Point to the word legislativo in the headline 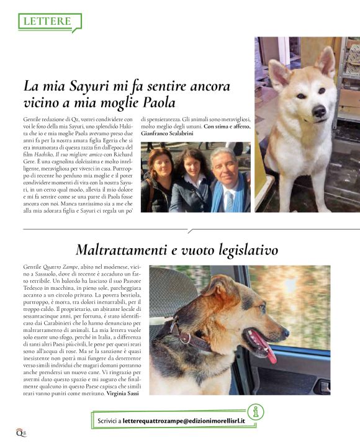(x=245, y=250)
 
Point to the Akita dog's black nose (x=318, y=111)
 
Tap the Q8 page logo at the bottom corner (x=20, y=432)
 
